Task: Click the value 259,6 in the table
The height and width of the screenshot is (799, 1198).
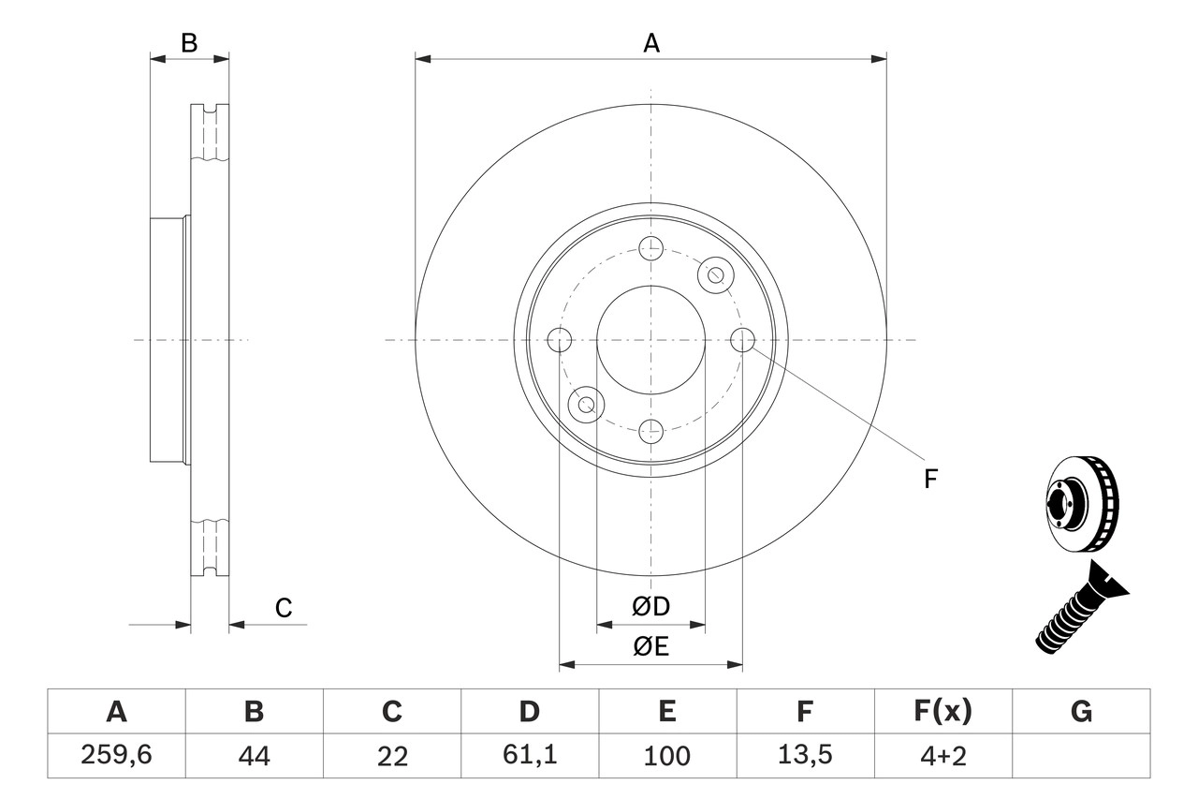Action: [x=116, y=755]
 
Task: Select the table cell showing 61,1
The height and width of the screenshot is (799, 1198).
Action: [x=530, y=755]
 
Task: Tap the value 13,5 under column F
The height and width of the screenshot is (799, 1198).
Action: [x=805, y=755]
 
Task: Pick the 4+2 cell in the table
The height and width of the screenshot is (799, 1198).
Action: [x=942, y=755]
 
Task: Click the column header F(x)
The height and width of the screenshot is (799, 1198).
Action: [x=942, y=712]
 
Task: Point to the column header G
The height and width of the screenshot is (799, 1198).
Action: [x=1081, y=712]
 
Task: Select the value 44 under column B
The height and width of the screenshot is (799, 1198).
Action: [x=254, y=755]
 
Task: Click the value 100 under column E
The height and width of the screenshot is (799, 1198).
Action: [x=667, y=755]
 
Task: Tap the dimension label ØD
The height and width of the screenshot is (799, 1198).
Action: [x=651, y=607]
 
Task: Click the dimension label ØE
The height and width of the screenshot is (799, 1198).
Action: [x=651, y=647]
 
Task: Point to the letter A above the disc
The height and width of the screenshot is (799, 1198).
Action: [x=651, y=43]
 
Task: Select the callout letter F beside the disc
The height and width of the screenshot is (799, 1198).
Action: [x=930, y=480]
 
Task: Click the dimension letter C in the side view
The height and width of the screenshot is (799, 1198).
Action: [x=284, y=608]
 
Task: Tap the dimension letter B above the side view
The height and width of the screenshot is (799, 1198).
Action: [x=189, y=43]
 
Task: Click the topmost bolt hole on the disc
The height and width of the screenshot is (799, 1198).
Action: [x=650, y=248]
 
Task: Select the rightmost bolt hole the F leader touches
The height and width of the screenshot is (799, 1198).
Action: [x=742, y=340]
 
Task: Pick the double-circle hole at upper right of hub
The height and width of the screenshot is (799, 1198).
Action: [x=716, y=274]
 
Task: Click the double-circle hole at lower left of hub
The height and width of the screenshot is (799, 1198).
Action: [x=587, y=405]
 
